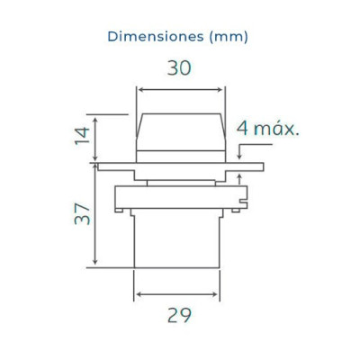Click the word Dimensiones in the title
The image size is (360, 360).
tap(156, 37)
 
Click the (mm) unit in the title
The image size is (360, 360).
tap(229, 37)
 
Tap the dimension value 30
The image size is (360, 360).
tap(179, 67)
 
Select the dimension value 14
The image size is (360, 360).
tap(82, 136)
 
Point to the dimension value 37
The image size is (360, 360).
tap(82, 213)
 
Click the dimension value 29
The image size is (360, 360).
tap(179, 315)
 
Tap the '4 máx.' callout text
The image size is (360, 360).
tap(268, 129)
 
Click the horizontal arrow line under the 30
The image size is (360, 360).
tap(179, 89)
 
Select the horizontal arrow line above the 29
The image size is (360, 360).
tap(177, 294)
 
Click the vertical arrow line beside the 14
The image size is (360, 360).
tap(95, 139)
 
